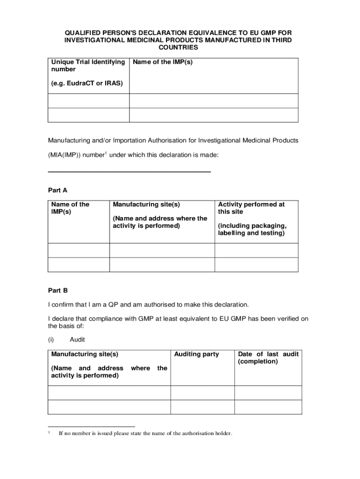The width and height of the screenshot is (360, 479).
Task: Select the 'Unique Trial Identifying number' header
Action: click(x=88, y=65)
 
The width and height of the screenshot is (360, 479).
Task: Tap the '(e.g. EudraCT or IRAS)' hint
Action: click(x=87, y=83)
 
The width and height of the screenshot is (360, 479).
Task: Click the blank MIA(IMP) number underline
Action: click(x=130, y=172)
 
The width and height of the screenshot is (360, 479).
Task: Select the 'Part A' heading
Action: click(x=58, y=190)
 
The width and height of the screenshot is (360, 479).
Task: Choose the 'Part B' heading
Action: click(x=58, y=290)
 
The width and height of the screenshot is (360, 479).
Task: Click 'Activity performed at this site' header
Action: click(x=251, y=208)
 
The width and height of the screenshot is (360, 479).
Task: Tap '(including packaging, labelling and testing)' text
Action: click(x=252, y=229)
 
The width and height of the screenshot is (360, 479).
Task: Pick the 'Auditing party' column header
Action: click(x=196, y=354)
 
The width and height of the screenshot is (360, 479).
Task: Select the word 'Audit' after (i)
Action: click(x=77, y=340)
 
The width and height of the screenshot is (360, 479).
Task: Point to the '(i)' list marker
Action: click(x=51, y=340)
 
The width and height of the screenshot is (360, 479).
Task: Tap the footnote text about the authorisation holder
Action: click(x=145, y=433)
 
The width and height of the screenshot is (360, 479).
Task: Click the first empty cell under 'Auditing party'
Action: click(x=202, y=392)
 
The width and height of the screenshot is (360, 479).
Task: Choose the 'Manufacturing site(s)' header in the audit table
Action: click(x=85, y=354)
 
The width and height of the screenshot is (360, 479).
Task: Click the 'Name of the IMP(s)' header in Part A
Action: click(x=70, y=208)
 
